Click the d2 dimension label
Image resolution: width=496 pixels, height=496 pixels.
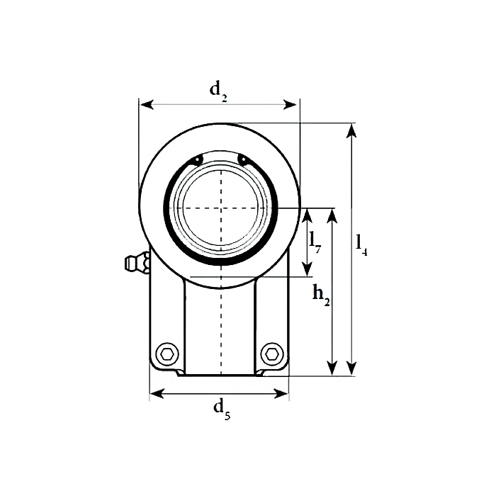tap(218, 90)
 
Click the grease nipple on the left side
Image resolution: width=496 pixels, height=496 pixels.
tap(133, 264)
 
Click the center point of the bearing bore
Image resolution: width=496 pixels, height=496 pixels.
tap(221, 208)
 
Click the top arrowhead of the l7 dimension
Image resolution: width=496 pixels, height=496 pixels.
tap(307, 213)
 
